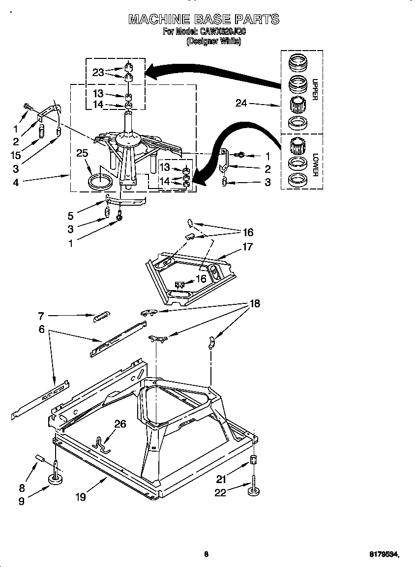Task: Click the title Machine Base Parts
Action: (x=204, y=20)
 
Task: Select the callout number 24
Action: (x=241, y=104)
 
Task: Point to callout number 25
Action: (x=82, y=153)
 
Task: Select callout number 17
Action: (x=247, y=247)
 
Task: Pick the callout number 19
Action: (x=81, y=497)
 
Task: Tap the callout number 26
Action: (x=120, y=424)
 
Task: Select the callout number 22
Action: (x=220, y=492)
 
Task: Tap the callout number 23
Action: (x=98, y=72)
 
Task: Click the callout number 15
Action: (x=16, y=155)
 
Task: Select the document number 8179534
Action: (x=384, y=555)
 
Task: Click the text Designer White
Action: (x=213, y=42)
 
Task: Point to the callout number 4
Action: (x=16, y=183)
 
